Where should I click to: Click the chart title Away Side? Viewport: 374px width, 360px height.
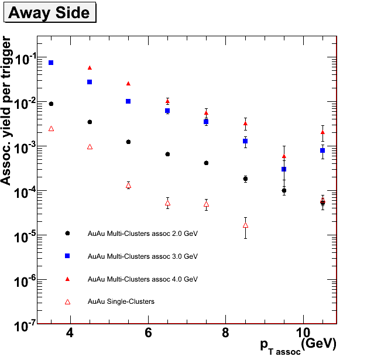click(x=49, y=12)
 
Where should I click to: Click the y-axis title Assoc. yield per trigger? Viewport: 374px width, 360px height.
click(x=7, y=111)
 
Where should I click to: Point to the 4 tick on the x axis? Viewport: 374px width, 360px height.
click(x=70, y=332)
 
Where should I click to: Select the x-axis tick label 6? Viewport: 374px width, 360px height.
click(x=148, y=332)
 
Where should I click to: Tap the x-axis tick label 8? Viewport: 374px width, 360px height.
click(x=226, y=332)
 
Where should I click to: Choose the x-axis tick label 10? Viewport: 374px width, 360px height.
click(x=303, y=332)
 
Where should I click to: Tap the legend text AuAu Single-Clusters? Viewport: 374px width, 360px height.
click(x=121, y=302)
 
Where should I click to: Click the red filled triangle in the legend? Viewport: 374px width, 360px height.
click(x=67, y=279)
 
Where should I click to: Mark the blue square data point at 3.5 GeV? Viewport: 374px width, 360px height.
click(x=51, y=63)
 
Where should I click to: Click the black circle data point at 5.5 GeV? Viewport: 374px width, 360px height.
click(x=128, y=142)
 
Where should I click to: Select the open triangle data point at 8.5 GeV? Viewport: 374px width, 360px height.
click(x=245, y=225)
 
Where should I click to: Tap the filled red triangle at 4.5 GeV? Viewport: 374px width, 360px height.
click(x=90, y=68)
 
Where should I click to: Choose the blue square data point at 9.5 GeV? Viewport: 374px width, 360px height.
click(x=284, y=169)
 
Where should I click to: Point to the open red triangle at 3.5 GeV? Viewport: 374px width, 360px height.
click(x=51, y=128)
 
